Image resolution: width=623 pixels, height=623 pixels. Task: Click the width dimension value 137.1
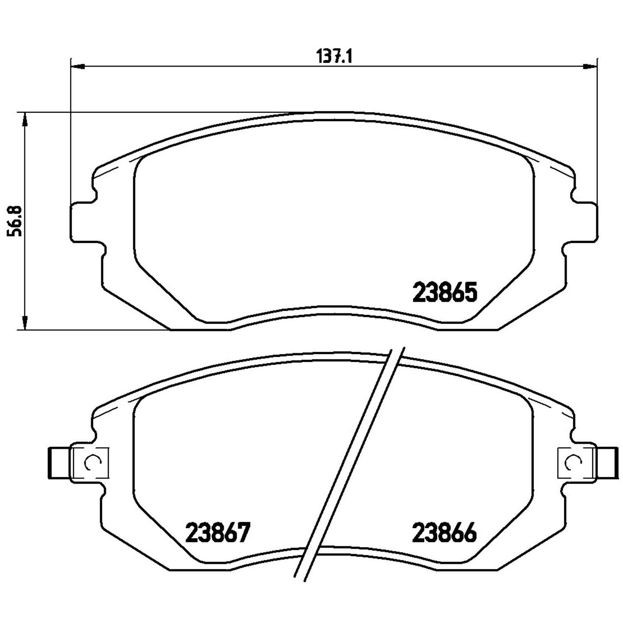[334, 56]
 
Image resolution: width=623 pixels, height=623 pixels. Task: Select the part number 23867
[218, 533]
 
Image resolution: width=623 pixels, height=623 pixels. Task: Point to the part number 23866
[444, 533]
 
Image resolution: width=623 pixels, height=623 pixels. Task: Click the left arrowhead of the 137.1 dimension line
[78, 66]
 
